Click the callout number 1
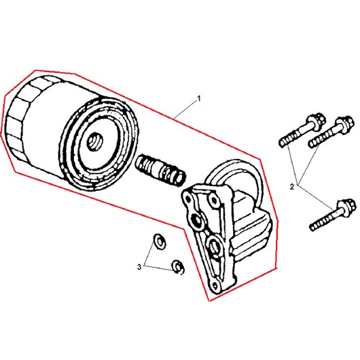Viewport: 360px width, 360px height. coord(199,98)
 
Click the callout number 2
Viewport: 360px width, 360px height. coord(292,187)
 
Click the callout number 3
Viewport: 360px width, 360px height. coord(139,267)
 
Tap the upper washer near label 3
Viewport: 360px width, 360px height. coord(160,241)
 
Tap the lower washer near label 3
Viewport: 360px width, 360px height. coord(178,267)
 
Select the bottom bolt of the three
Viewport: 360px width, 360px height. coord(333,215)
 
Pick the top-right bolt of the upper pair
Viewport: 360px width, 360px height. coord(331,132)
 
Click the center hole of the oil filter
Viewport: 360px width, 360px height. coord(95,142)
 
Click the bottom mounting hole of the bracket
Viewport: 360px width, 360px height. coord(215,285)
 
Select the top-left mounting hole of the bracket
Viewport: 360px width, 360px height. coord(188,198)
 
